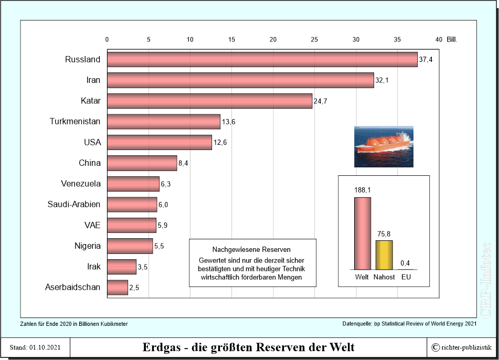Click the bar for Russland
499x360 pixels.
(262, 59)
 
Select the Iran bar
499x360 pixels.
(240, 80)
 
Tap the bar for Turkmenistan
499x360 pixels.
(163, 122)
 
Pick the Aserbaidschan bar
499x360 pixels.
(117, 288)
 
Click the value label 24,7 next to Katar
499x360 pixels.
(321, 101)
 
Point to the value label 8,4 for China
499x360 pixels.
(183, 163)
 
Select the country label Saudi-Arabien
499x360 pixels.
(73, 204)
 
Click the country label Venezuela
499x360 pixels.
(80, 184)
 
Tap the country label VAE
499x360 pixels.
(92, 225)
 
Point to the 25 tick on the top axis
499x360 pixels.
(314, 39)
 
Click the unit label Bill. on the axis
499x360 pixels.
(452, 39)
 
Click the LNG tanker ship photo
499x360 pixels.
(384, 146)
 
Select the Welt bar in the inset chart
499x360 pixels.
(362, 234)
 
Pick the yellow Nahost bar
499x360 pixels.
(384, 255)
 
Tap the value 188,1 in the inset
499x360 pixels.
(362, 190)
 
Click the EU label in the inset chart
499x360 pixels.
(406, 277)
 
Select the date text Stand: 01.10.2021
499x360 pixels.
(35, 347)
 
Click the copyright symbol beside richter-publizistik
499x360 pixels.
(436, 347)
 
